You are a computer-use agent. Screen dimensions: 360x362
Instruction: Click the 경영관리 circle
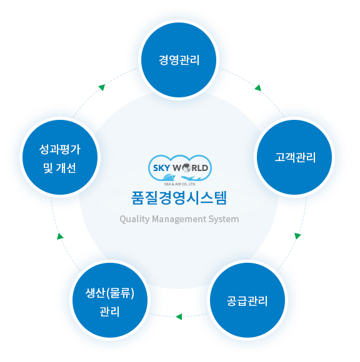click(179, 60)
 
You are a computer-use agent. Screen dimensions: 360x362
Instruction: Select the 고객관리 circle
click(294, 157)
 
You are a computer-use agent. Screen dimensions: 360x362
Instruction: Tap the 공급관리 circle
click(247, 300)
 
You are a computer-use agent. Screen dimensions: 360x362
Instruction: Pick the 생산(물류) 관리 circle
click(110, 300)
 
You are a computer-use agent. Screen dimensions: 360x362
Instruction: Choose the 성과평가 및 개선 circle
click(60, 157)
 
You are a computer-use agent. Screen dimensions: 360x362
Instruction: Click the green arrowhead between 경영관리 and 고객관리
click(258, 88)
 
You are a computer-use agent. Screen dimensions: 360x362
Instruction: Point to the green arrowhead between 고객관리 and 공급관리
click(297, 236)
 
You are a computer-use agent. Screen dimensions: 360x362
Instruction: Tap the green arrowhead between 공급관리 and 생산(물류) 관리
click(179, 316)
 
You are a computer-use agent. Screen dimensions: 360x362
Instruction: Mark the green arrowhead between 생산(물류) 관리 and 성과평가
click(60, 237)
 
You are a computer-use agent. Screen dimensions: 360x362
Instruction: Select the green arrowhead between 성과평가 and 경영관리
click(102, 87)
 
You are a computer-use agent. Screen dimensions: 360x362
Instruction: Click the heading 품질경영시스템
click(179, 198)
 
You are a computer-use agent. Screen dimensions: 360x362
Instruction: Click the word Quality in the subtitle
click(134, 219)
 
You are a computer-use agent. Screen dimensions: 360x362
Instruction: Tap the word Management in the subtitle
click(179, 219)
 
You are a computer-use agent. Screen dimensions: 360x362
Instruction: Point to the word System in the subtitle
click(224, 219)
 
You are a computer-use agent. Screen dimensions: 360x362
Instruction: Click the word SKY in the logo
click(162, 168)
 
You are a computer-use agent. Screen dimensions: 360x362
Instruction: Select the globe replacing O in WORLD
click(186, 168)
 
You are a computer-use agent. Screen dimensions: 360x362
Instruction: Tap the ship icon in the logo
click(169, 177)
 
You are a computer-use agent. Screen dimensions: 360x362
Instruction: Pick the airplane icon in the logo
click(191, 179)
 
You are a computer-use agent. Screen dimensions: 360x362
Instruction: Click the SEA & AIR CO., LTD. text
click(180, 184)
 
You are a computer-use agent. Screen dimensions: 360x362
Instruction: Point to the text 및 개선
click(59, 168)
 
